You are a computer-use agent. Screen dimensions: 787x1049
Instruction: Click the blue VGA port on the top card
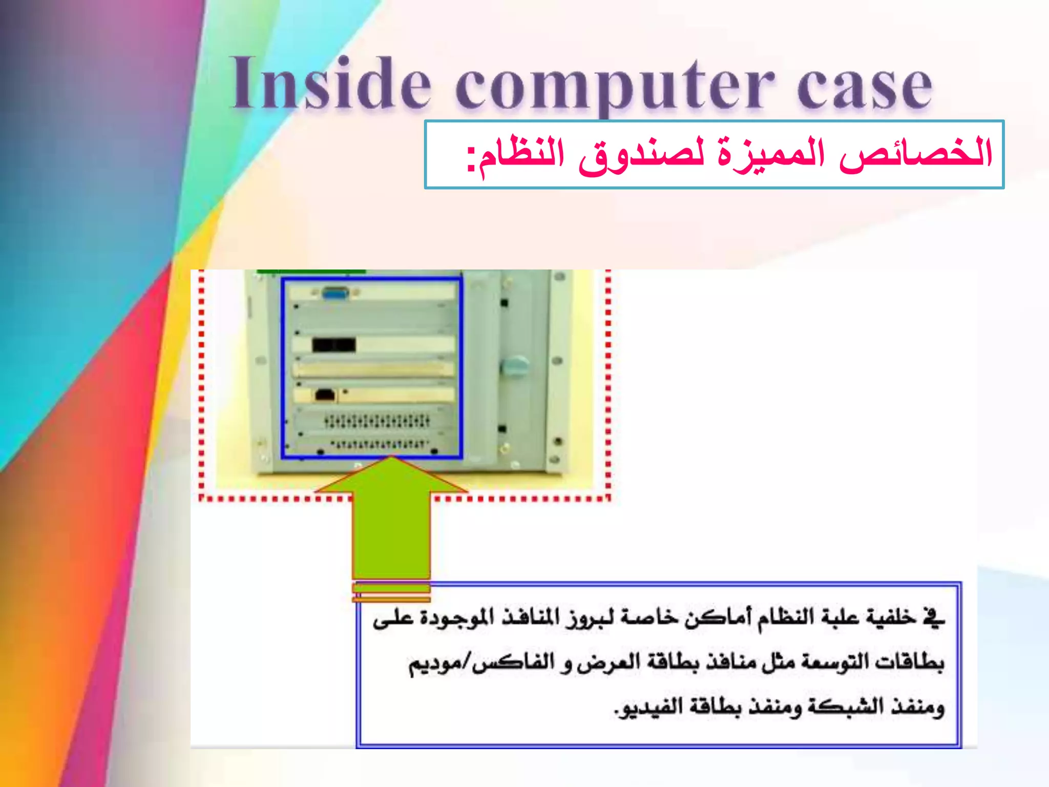coord(336,294)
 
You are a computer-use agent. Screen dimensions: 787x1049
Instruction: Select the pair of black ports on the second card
coord(334,345)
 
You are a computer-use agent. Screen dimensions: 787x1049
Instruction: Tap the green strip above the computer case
coord(311,271)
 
